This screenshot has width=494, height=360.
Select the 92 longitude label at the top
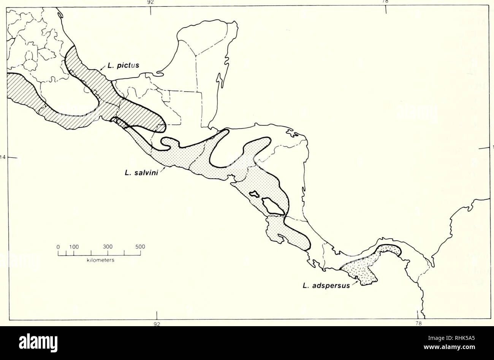point(151,2)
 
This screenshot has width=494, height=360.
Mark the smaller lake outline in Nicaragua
point(254,194)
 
